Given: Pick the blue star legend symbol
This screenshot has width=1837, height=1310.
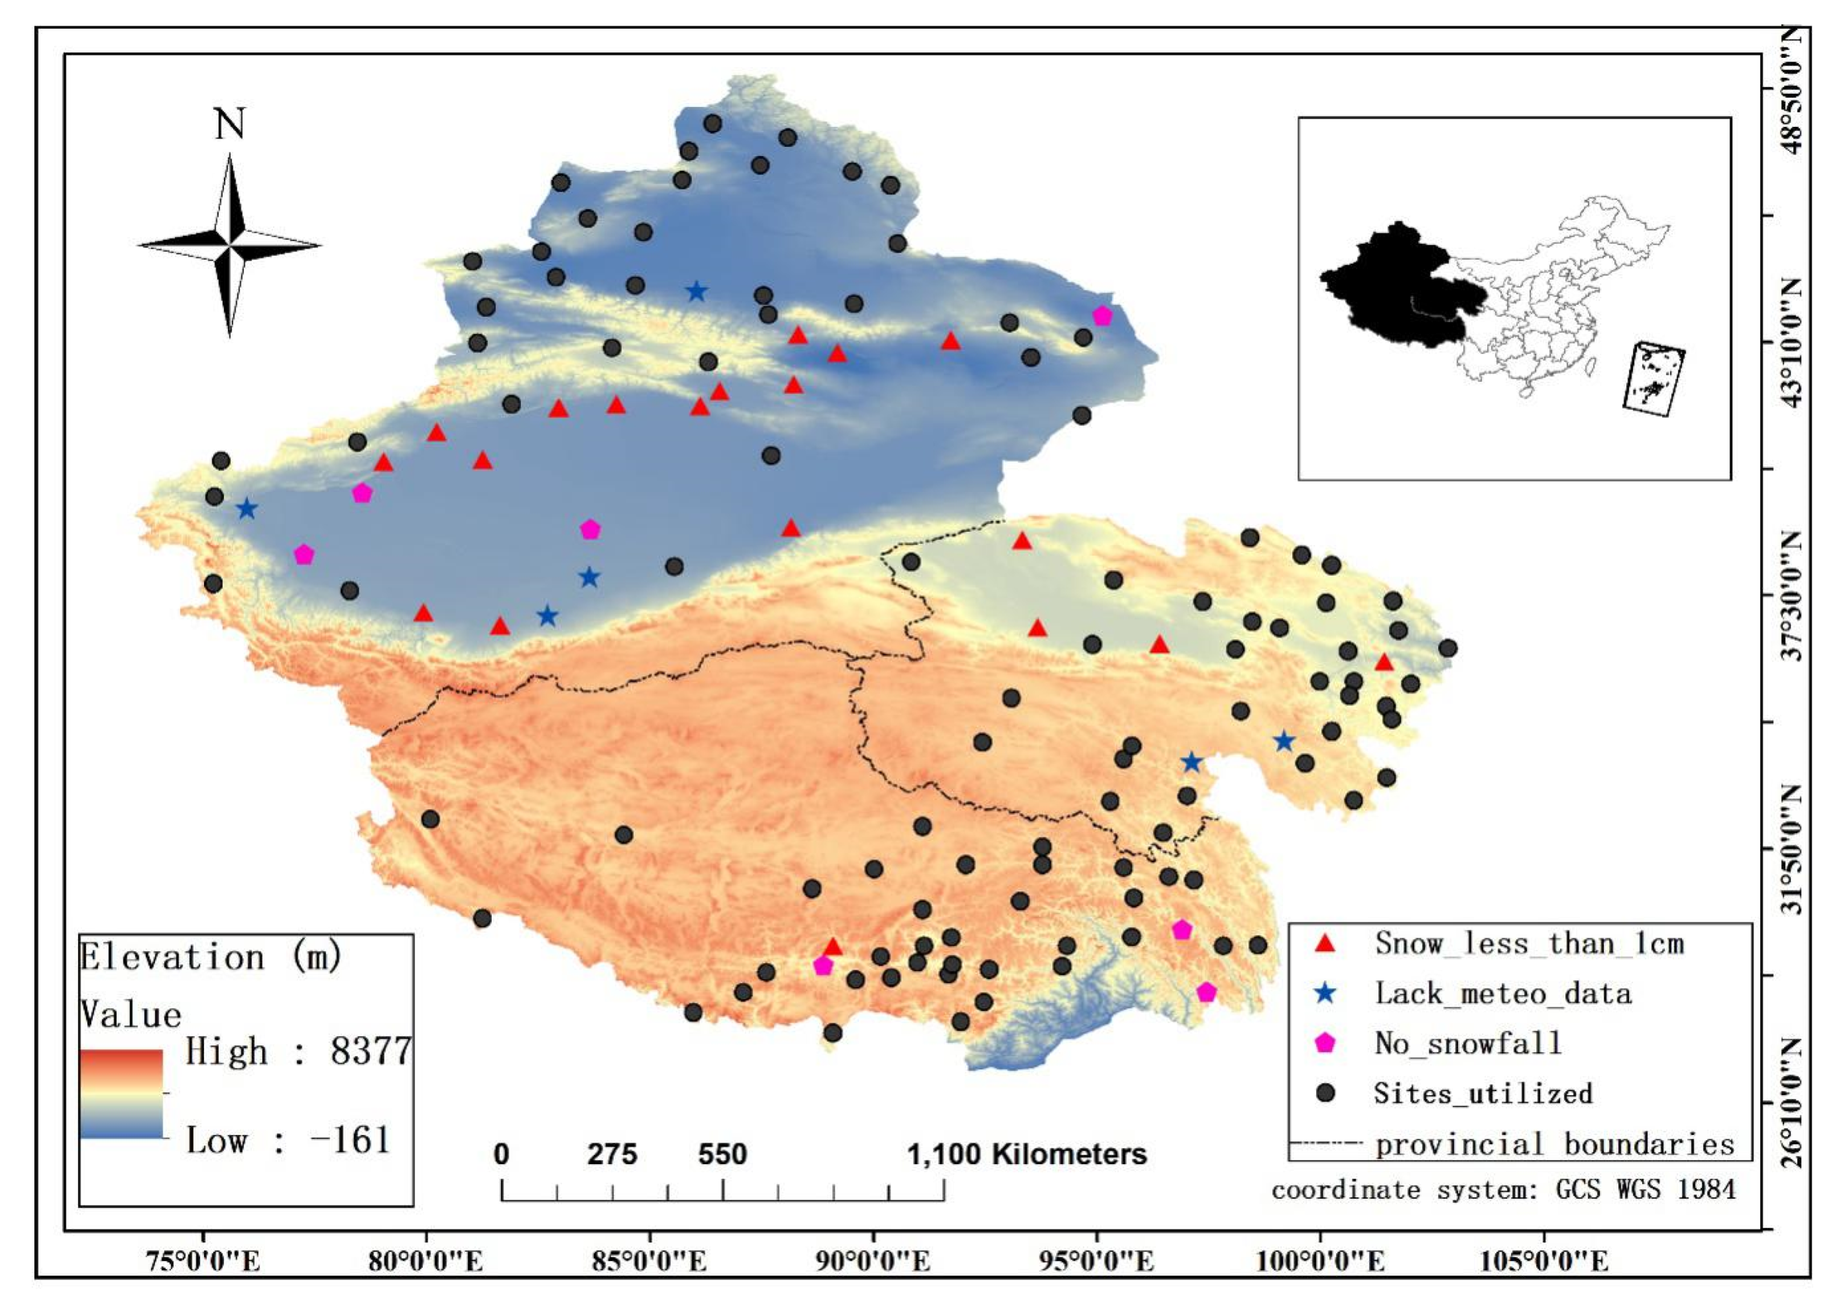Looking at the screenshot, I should click(x=1325, y=993).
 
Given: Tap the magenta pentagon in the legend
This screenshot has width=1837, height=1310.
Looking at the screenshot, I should click(x=1325, y=1043).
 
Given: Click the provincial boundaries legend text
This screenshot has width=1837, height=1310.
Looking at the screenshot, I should click(x=1554, y=1144).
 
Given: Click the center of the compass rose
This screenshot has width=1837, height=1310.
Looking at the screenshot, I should click(x=230, y=245).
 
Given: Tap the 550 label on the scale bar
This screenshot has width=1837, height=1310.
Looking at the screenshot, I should click(x=722, y=1154).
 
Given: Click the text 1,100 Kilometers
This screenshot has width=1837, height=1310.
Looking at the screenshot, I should click(x=1027, y=1154).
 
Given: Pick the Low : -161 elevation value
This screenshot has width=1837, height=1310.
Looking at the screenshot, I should click(x=288, y=1140).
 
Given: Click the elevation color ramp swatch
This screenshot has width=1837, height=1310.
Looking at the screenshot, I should click(x=121, y=1093).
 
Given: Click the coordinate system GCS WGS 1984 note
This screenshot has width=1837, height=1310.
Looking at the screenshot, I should click(x=1503, y=1190).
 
